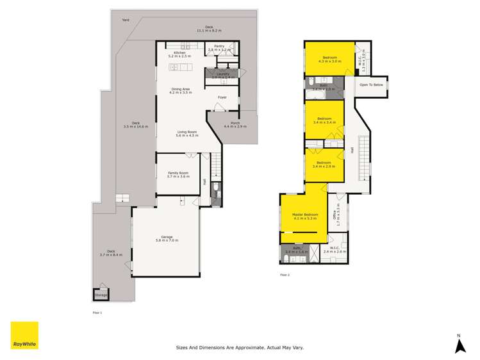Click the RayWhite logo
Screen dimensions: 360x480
pos(24,335)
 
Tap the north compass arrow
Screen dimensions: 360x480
pos(459,345)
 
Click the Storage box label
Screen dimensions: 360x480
pos(101,295)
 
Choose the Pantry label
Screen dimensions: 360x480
pos(219,47)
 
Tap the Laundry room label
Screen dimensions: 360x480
pos(222,75)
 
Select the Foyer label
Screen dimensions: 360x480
pos(222,97)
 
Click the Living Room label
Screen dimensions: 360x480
pos(186,133)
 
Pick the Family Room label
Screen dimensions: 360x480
pos(179,174)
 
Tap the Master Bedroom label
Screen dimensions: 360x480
pos(305,216)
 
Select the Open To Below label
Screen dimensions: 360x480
pos(371,85)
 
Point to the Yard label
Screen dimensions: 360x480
pos(126,20)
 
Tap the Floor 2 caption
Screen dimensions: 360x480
pos(285,275)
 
